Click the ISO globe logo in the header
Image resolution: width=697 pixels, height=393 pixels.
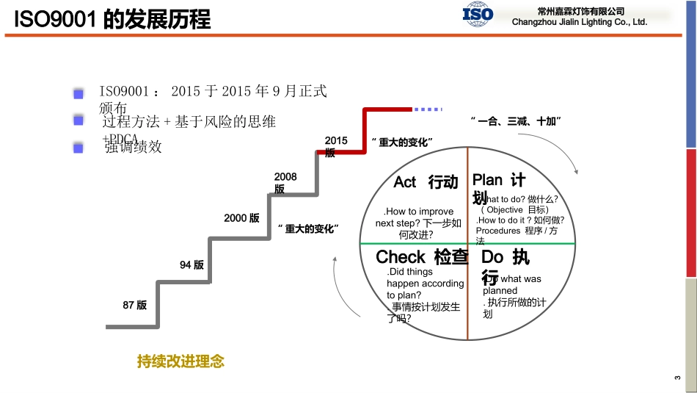tap(478, 14)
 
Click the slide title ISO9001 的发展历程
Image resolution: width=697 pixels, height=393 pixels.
tap(112, 19)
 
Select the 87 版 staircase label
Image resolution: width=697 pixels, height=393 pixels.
tap(135, 305)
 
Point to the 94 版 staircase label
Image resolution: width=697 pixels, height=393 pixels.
tap(191, 265)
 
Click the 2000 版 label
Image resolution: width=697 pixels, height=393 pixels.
tap(241, 218)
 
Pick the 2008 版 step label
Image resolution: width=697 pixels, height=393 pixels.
tap(285, 182)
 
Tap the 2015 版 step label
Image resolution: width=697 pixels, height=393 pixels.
tap(335, 146)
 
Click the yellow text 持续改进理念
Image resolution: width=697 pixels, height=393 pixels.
tap(180, 361)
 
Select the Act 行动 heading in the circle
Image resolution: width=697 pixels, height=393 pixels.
tap(426, 182)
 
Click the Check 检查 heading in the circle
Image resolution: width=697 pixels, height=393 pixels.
tap(421, 257)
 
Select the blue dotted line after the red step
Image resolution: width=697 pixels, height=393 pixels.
tap(427, 109)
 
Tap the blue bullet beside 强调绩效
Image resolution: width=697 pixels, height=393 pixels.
tap(78, 148)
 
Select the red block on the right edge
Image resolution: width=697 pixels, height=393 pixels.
tap(691, 212)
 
